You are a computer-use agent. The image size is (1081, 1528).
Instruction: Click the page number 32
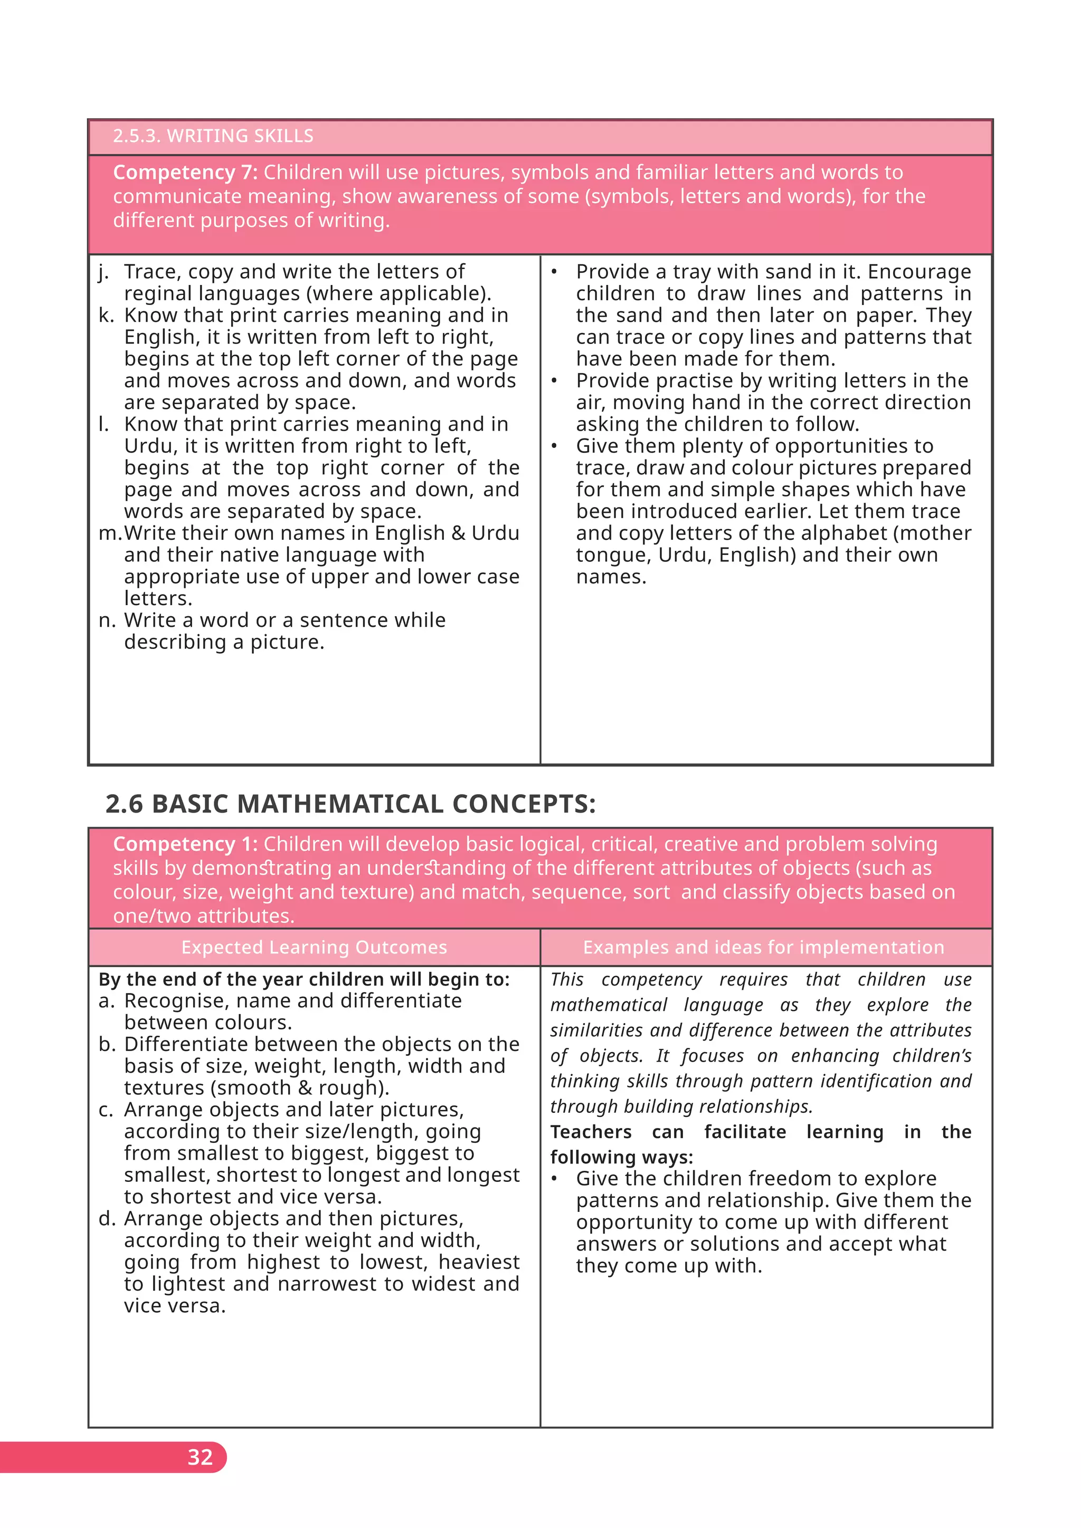coord(200,1457)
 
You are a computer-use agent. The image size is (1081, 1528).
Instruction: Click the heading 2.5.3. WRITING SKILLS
coord(213,136)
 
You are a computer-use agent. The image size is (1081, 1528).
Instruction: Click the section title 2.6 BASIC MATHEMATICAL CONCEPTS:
coord(350,804)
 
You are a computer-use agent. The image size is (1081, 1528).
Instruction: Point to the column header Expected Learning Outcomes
coord(314,947)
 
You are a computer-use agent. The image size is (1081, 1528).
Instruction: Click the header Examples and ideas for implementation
coord(763,947)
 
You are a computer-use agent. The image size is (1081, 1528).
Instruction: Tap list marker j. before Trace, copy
coord(103,272)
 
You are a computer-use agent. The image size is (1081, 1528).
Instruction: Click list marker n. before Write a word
coord(107,620)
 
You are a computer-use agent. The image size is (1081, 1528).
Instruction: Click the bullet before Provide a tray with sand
coord(554,272)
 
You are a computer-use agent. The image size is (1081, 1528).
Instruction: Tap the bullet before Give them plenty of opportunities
coord(554,446)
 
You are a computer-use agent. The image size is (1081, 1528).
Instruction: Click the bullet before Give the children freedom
coord(554,1179)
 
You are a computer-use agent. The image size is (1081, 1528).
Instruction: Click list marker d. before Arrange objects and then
coord(107,1218)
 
